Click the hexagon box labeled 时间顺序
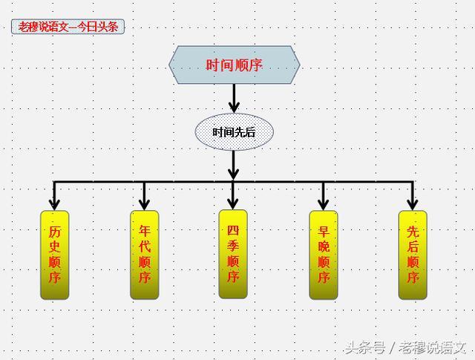[x=235, y=65]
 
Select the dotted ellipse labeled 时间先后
[x=234, y=132]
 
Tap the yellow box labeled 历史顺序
[x=54, y=255]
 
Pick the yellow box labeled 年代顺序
[x=145, y=255]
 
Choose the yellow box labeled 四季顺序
[x=233, y=254]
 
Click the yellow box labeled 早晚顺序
[x=323, y=255]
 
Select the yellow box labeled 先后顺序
[x=413, y=255]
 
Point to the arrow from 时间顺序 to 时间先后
[x=235, y=97]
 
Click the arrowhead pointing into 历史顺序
[x=54, y=203]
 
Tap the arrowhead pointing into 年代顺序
[x=145, y=203]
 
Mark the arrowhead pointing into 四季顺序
[x=233, y=203]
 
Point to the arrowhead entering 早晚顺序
[x=323, y=203]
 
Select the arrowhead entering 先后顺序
[x=413, y=203]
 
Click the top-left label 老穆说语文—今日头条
[x=68, y=27]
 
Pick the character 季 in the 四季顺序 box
[x=233, y=246]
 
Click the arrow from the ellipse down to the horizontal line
[x=234, y=164]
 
